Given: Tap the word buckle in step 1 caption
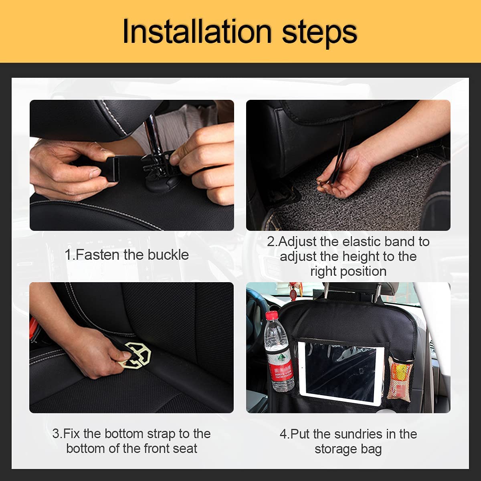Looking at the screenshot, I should click(x=168, y=255).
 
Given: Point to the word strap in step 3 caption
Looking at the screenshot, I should click(x=161, y=434).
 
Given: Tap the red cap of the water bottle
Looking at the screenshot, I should click(x=273, y=316).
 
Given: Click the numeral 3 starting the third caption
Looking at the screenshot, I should click(x=56, y=434).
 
